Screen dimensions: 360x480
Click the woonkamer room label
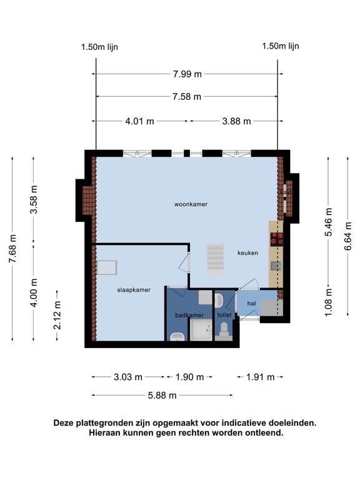pos(191,204)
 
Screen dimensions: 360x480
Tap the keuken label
pos(247,253)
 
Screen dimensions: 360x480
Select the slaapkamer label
pos(134,290)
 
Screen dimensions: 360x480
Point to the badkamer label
pos(189,315)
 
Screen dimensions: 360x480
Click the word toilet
pos(224,315)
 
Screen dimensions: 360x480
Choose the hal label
pos(252,303)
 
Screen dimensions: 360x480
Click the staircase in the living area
pos(215,260)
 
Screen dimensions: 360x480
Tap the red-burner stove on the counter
pos(276,239)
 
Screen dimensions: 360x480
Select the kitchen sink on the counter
pos(276,266)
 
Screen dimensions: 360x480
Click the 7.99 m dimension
pos(187,74)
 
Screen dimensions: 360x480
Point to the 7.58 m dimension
pos(187,97)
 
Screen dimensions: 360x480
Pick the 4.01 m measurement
pos(139,121)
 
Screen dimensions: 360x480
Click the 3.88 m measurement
pos(236,121)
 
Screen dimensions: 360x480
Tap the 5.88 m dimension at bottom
pos(162,395)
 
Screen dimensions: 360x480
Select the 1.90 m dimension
pos(189,377)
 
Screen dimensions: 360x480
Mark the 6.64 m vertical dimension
pos(348,236)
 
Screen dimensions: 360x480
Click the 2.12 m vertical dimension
pos(57,315)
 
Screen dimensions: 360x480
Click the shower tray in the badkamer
pos(201,329)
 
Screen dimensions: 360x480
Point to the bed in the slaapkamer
pos(106,267)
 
